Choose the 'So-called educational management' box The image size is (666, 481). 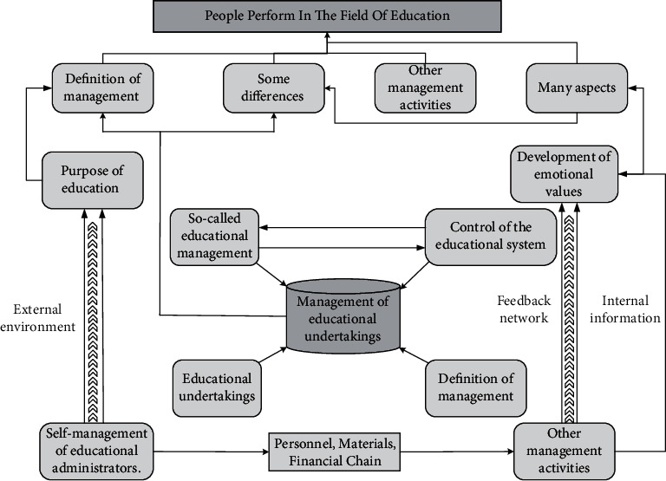(x=212, y=236)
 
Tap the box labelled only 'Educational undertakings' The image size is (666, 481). (x=216, y=387)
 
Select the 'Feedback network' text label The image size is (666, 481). (x=524, y=309)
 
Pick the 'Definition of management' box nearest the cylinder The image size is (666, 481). (x=475, y=387)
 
